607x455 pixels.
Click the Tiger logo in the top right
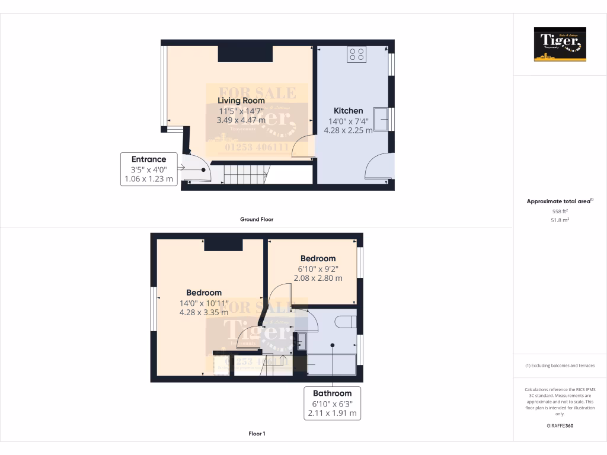point(560,44)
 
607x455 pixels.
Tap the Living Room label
point(241,101)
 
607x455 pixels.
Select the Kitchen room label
point(348,111)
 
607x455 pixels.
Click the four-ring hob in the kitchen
point(357,55)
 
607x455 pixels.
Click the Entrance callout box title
point(149,159)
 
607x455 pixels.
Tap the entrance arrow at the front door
point(181,169)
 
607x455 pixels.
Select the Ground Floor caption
point(257,219)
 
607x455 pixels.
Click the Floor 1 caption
point(257,434)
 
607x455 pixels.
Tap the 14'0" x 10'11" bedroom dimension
point(204,303)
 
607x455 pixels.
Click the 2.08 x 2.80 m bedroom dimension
point(318,278)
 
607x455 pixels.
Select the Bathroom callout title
point(332,393)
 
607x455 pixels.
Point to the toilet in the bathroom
point(344,322)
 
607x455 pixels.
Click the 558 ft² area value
point(560,211)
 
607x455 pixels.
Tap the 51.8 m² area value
point(560,220)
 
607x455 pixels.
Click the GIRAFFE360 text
point(560,426)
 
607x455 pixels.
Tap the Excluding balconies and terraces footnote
point(560,366)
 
